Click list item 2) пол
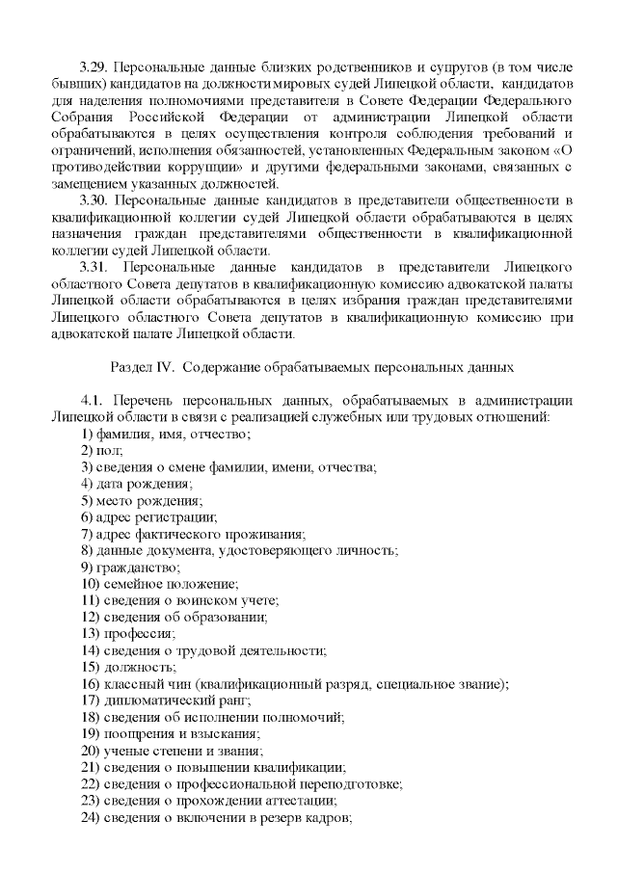(x=102, y=450)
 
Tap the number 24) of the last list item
(x=91, y=817)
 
